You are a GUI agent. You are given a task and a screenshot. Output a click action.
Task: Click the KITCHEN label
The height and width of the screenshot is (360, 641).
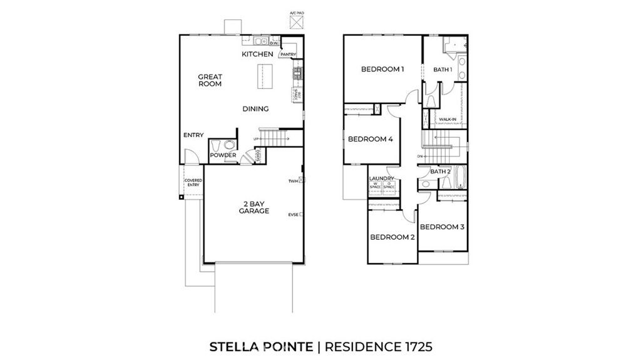257,54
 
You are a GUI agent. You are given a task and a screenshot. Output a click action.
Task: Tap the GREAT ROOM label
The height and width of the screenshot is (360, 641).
210,80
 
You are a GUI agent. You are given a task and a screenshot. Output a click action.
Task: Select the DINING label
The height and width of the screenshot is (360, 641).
255,109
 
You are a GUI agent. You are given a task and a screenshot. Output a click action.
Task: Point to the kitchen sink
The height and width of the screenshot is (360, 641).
265,43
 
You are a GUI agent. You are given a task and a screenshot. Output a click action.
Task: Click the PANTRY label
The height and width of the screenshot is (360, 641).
288,54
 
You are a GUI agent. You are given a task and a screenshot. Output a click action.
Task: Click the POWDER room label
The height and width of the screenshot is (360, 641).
222,155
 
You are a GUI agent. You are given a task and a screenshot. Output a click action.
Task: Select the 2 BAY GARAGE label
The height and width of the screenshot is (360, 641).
254,207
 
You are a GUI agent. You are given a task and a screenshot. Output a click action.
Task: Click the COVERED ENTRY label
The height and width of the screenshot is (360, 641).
193,183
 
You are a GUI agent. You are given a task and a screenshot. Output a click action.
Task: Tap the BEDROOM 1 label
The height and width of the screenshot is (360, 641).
382,69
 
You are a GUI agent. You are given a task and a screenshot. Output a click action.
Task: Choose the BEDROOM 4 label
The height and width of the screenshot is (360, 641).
370,139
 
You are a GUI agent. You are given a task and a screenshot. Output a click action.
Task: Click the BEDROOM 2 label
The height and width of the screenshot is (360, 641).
392,237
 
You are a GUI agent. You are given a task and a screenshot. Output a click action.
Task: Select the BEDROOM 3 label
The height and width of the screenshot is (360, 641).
441,227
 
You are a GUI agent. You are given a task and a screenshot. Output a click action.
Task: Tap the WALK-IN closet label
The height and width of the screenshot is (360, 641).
447,119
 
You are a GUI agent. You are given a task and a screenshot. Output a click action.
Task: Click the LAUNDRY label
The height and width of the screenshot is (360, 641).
382,178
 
